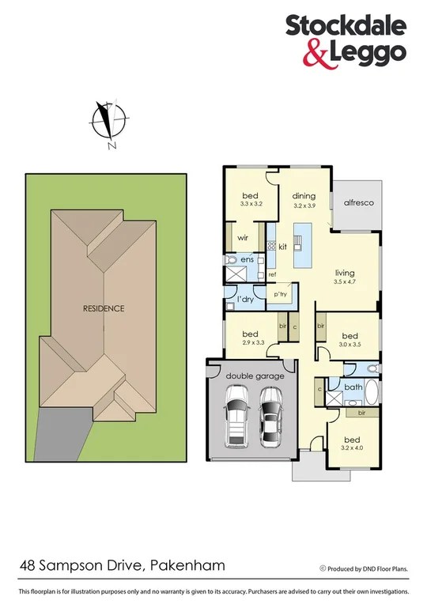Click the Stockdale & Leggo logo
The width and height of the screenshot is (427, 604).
pos(346,40)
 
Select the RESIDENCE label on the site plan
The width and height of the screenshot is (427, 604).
pos(104,308)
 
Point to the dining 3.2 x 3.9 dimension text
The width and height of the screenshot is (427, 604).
pos(304,206)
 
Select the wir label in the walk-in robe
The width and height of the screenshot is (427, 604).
pos(244,236)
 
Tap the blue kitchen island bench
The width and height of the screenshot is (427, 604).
pos(300,246)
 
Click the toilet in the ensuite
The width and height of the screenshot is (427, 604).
pos(232,259)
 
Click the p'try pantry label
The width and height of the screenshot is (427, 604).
pos(280,294)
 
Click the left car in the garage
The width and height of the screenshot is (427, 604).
pos(236,418)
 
